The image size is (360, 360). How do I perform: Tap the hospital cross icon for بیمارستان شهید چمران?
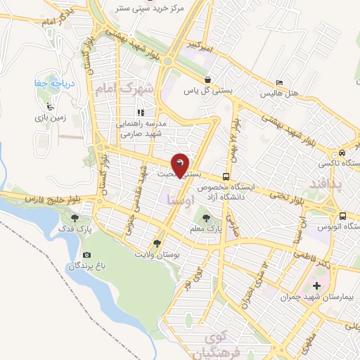pyautogui.click(x=316, y=285)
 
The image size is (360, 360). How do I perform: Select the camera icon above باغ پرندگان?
pyautogui.click(x=86, y=255)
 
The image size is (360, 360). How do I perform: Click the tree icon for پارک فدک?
pyautogui.click(x=75, y=218)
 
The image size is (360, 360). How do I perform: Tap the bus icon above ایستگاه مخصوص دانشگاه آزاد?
pyautogui.click(x=226, y=176)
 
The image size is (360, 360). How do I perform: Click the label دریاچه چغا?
pyautogui.click(x=49, y=84)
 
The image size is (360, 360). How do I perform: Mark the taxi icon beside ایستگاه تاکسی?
pyautogui.click(x=341, y=153)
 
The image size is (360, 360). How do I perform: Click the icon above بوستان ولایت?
pyautogui.click(x=156, y=243)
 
